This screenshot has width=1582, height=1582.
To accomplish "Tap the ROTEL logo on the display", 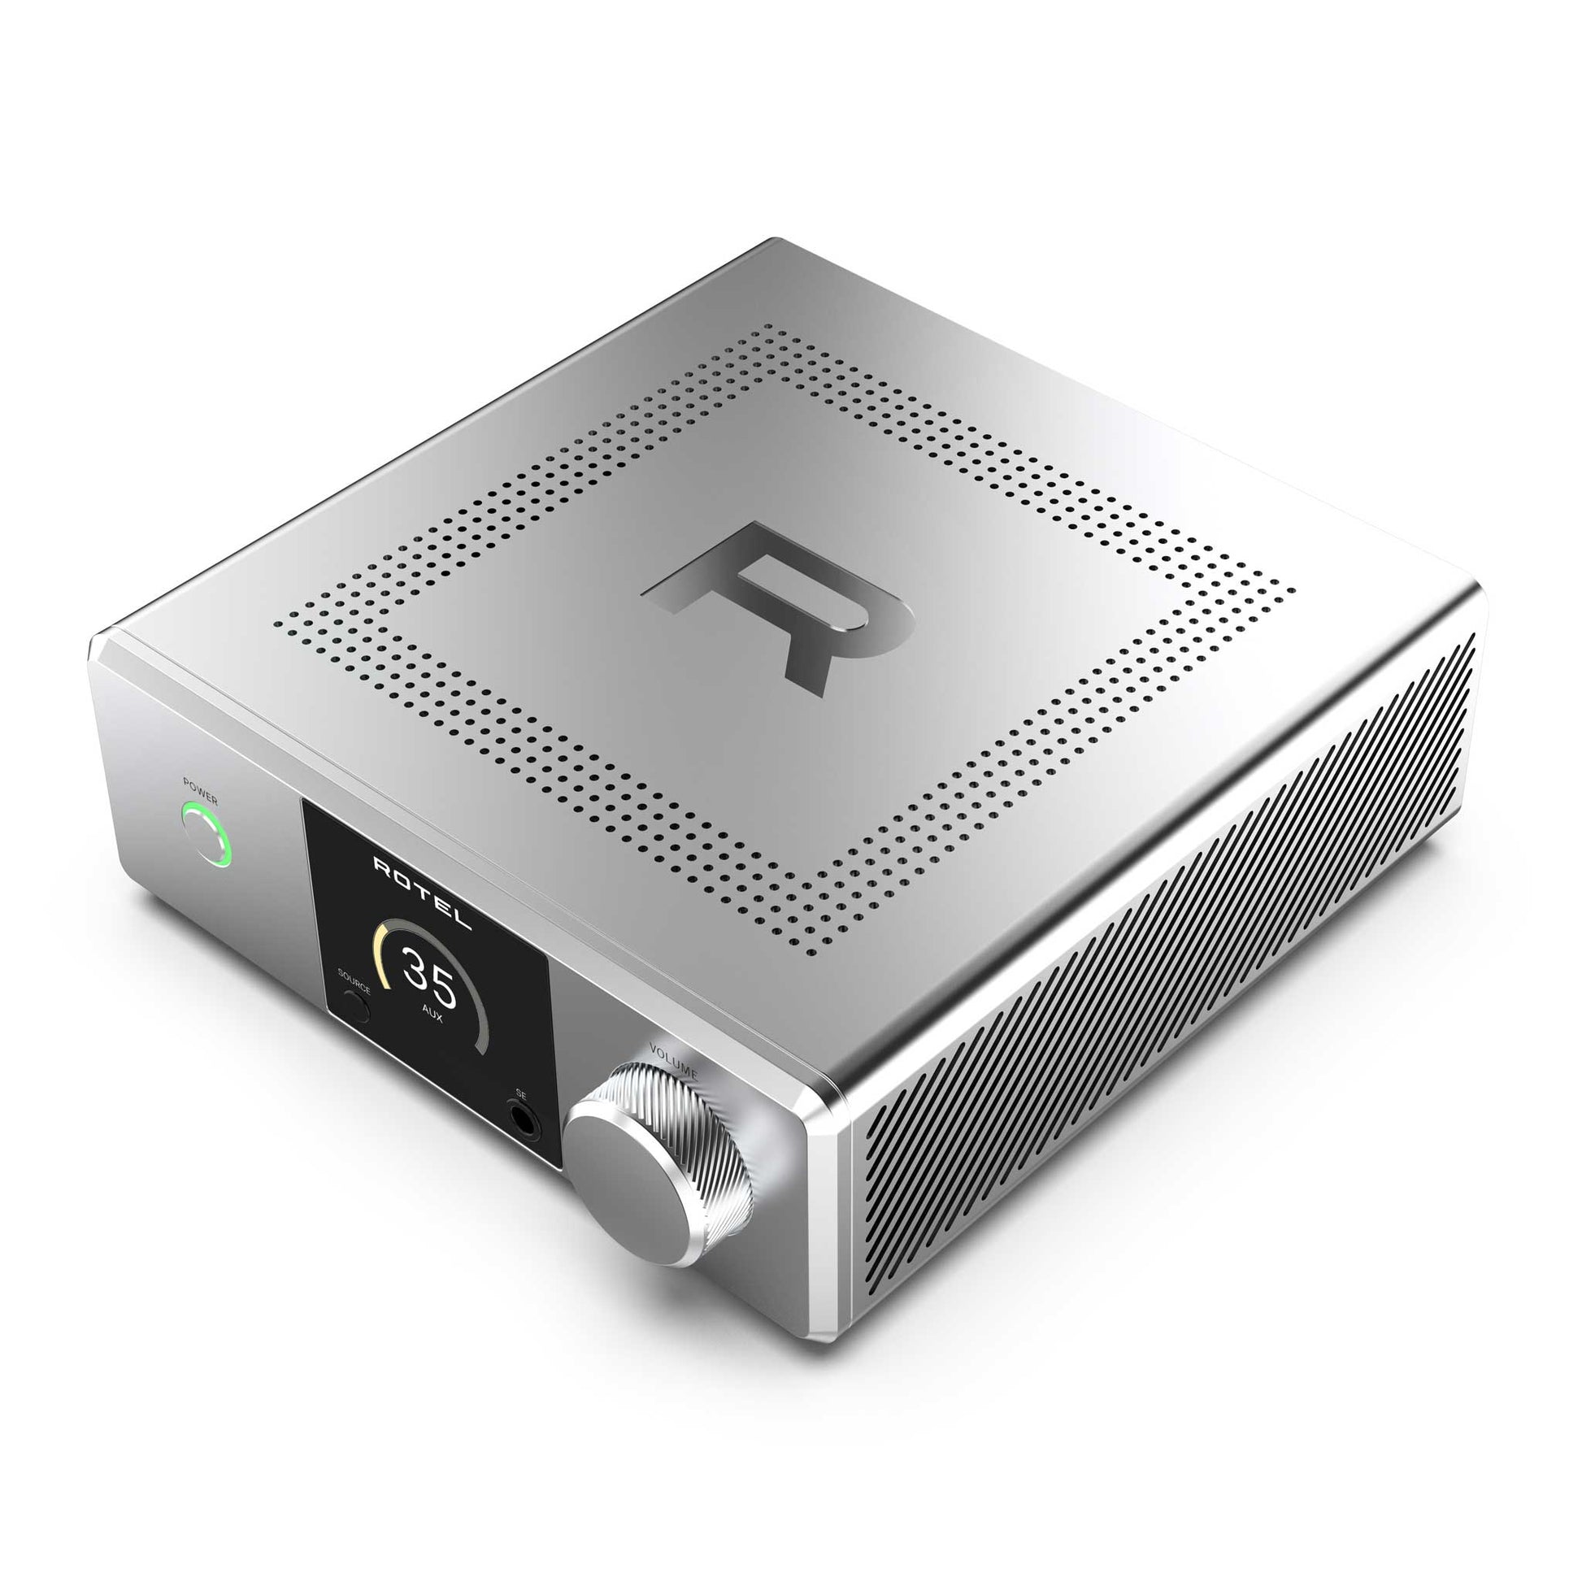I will point(423,893).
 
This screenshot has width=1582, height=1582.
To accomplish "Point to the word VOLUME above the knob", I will point(673,1059).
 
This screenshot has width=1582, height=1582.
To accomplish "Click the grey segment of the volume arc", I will point(483,1024).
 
